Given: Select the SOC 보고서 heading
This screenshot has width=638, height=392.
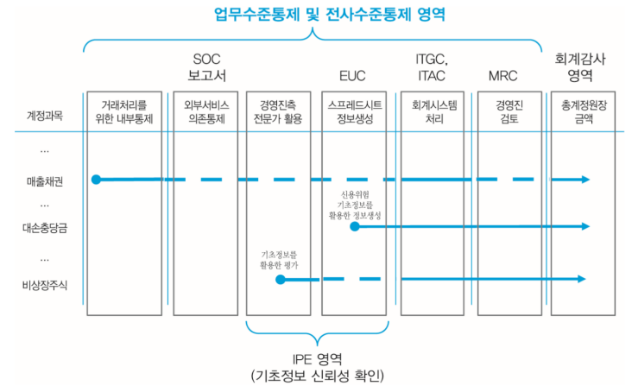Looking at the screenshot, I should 206,66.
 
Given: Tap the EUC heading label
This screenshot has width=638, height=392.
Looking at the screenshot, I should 351,76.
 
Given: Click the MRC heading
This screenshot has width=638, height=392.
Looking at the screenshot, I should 502,76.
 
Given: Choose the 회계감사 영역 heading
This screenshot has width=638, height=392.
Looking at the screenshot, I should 584,66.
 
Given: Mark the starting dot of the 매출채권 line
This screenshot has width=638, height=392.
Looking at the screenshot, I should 97,180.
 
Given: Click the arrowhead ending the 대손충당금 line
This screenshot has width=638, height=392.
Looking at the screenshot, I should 585,226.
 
